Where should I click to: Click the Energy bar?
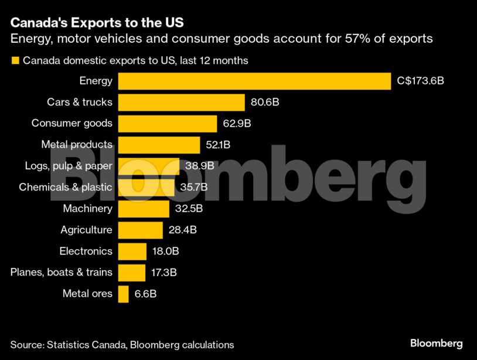(x=254, y=81)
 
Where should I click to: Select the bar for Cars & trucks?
(x=181, y=102)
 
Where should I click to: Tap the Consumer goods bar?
(x=168, y=123)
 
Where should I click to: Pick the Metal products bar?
(x=159, y=145)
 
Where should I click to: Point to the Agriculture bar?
(x=140, y=230)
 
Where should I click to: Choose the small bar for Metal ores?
(x=123, y=294)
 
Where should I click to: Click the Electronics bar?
(x=132, y=251)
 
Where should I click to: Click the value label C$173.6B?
(x=420, y=81)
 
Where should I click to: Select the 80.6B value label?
(x=265, y=102)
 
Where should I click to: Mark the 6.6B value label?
(x=145, y=294)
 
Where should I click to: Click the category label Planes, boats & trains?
(x=62, y=272)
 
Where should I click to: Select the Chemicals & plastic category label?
(x=66, y=187)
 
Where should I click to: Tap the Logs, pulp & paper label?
(x=69, y=166)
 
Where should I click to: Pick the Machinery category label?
(x=87, y=209)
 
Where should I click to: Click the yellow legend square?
(x=15, y=60)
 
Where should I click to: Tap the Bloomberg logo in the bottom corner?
(x=436, y=344)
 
